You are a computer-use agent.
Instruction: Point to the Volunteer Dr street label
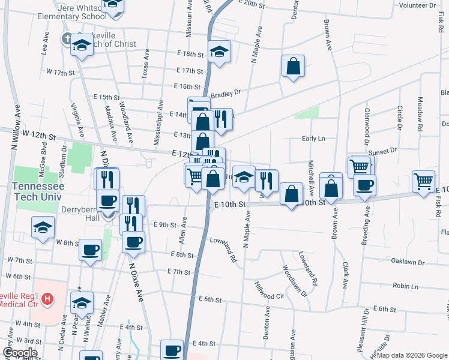click(418, 5)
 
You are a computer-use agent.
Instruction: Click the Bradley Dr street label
click(225, 92)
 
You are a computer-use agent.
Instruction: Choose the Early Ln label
click(313, 139)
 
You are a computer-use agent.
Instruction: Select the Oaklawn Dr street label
click(408, 262)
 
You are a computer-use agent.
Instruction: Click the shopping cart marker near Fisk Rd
click(424, 181)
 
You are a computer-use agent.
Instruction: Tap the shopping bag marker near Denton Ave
click(293, 67)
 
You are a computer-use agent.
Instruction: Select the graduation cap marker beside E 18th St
click(220, 52)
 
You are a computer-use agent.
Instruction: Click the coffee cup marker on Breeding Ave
click(364, 185)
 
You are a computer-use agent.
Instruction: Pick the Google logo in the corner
click(20, 353)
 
